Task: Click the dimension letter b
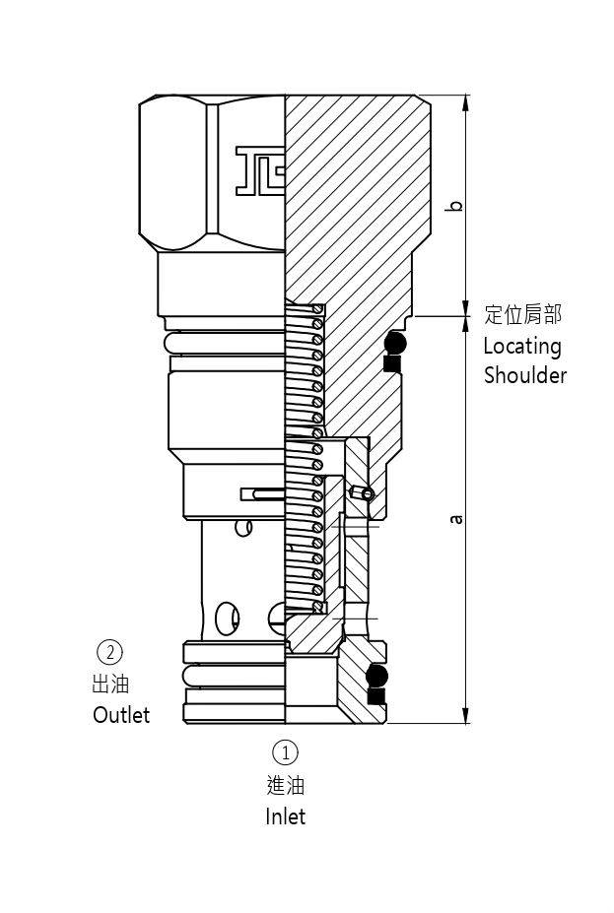pos(454,206)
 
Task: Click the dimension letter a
pos(454,519)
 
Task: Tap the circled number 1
pos(285,753)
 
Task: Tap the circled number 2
pos(110,652)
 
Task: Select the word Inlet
pos(285,816)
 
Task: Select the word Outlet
pos(121,715)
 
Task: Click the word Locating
pos(522,347)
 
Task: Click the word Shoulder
pos(525,375)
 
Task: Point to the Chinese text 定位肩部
pos(523,315)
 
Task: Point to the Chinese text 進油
pos(285,785)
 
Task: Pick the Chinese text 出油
pos(110,684)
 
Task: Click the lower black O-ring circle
pos(376,677)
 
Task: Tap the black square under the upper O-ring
pos(392,364)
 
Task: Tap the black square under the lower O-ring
pos(375,696)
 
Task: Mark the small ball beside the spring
pos(367,493)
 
